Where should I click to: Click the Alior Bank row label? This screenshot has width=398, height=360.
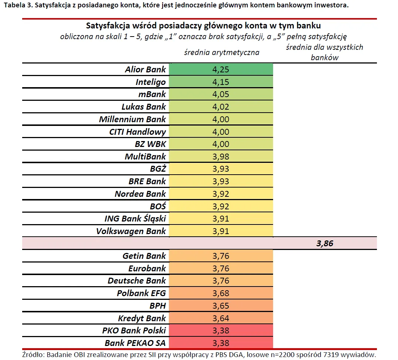click(145, 69)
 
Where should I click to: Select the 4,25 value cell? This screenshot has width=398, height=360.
click(221, 69)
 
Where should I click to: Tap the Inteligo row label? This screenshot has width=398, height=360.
click(150, 82)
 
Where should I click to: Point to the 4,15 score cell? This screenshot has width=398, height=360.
click(221, 82)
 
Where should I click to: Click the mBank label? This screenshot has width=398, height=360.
click(152, 94)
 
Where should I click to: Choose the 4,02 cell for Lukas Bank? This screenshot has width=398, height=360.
click(221, 107)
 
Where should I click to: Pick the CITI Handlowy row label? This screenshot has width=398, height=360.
click(137, 132)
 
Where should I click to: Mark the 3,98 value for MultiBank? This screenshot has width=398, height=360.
click(221, 157)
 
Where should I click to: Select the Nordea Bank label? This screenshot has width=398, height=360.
click(140, 194)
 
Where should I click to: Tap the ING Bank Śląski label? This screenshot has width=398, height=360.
click(135, 219)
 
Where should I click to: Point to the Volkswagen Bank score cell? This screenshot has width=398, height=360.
click(221, 231)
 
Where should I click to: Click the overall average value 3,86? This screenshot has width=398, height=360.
click(325, 244)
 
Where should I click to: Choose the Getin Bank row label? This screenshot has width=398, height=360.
click(144, 256)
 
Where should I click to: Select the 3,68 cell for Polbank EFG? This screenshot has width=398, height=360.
click(221, 293)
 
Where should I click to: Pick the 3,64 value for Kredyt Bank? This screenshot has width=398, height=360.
click(221, 318)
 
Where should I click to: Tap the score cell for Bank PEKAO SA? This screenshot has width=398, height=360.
click(221, 343)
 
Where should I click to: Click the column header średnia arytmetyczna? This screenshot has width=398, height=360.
click(222, 52)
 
